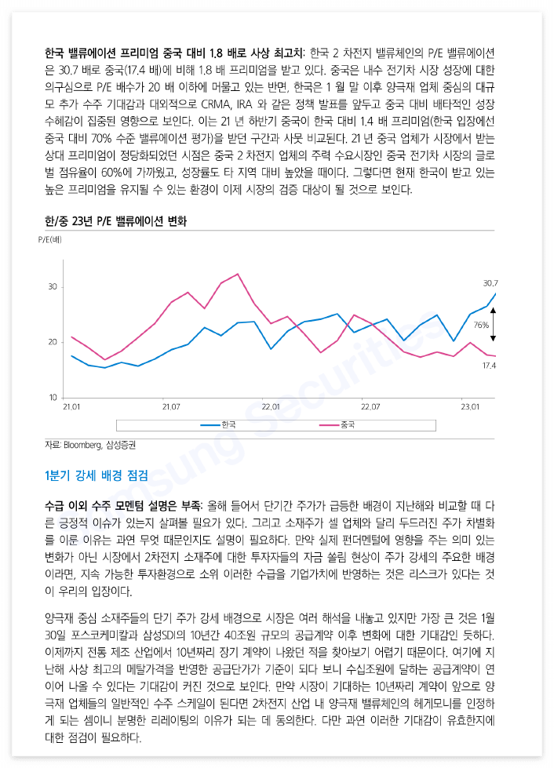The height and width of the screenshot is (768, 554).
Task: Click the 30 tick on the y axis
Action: point(53,287)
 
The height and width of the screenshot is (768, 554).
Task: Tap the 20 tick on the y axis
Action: point(53,342)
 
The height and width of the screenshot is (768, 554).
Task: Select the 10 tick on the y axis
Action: point(53,398)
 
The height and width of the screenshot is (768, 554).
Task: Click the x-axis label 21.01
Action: point(71,407)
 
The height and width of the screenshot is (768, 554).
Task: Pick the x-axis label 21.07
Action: point(171,407)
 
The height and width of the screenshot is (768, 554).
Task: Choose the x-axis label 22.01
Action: point(271,407)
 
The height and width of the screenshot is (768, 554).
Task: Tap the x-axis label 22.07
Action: point(370,407)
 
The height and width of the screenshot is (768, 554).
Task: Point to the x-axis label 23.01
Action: point(470,407)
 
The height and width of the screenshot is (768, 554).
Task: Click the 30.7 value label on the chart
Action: point(490,282)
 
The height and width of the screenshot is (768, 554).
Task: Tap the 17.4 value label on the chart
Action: point(489,366)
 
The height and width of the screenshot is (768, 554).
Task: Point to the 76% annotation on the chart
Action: point(481,325)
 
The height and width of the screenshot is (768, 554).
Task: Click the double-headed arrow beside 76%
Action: point(494,325)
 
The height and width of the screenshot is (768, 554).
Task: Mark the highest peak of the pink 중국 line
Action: point(238,274)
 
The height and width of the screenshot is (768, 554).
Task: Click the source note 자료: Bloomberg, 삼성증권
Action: point(90,445)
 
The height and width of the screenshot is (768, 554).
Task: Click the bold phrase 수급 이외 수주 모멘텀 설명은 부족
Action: point(124,502)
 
